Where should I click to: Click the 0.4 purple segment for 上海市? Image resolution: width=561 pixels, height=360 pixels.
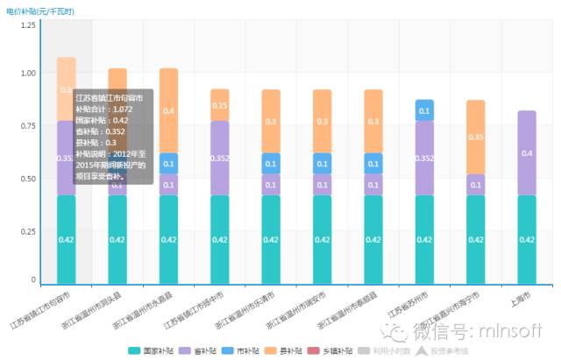(527, 153)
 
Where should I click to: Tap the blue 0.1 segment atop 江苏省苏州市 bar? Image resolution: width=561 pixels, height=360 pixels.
(424, 110)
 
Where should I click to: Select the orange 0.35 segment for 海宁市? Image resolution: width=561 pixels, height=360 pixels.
(476, 138)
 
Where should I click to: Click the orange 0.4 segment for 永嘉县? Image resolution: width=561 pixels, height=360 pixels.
(168, 111)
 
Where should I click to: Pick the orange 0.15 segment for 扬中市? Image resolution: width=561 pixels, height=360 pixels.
(220, 105)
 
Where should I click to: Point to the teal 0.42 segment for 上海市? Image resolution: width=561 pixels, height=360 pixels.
(527, 239)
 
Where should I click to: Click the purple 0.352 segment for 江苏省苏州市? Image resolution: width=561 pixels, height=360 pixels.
(424, 158)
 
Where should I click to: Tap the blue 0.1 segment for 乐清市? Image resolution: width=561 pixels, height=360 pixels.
(271, 164)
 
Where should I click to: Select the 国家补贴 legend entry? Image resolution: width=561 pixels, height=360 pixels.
(151, 350)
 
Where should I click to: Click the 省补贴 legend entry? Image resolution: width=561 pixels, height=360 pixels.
(199, 350)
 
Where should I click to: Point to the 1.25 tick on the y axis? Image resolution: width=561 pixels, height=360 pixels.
(29, 25)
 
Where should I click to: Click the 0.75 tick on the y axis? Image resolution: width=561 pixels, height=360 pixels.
(29, 125)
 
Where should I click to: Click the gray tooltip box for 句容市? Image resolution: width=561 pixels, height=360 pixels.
(113, 136)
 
